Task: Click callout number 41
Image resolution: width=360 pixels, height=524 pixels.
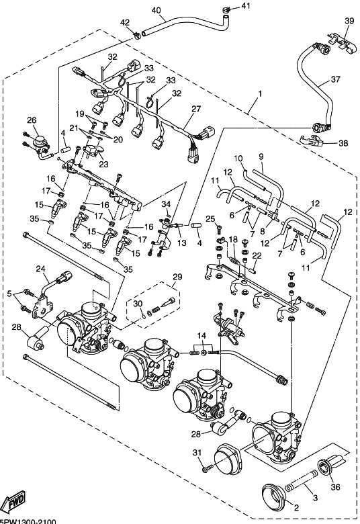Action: click(x=246, y=5)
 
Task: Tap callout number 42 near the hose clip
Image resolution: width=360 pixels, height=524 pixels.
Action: click(x=125, y=22)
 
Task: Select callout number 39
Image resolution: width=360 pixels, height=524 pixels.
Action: click(x=349, y=21)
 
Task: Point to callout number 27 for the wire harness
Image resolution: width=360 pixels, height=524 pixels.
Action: click(x=196, y=109)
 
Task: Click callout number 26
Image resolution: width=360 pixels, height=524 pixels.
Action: click(x=32, y=120)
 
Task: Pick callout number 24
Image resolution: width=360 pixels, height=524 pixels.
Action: click(x=41, y=269)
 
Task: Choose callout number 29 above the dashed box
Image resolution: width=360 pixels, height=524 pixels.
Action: click(x=177, y=276)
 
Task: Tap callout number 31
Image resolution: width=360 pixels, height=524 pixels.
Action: click(x=197, y=453)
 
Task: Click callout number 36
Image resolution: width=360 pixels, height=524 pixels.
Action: click(x=335, y=486)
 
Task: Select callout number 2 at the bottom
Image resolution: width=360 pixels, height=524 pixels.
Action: click(x=296, y=508)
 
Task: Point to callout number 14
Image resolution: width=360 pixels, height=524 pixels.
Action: click(x=201, y=335)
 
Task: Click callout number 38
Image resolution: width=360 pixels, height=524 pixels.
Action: click(x=343, y=143)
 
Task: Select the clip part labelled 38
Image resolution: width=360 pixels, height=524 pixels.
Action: click(x=312, y=140)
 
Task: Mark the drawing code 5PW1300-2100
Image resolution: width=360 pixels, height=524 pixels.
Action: click(x=28, y=522)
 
